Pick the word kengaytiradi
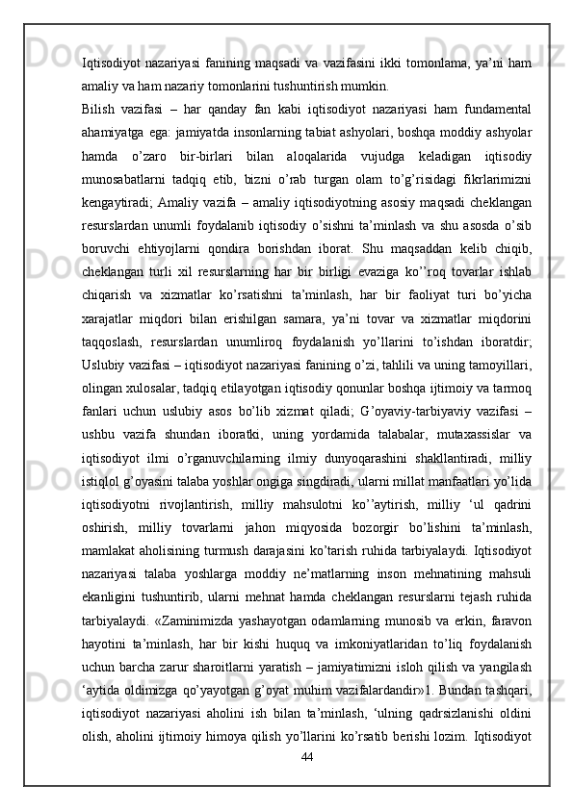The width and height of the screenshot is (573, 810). (119, 252)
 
